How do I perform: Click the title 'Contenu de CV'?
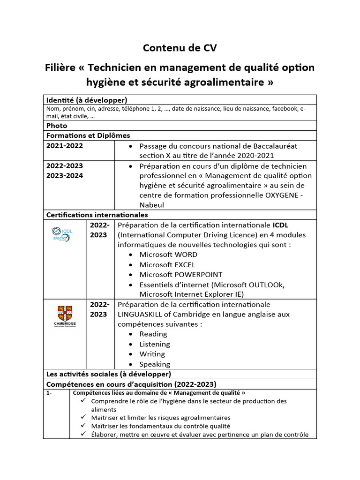pos(180,47)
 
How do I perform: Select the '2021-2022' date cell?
pos(65,146)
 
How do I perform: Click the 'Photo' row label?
pos(57,126)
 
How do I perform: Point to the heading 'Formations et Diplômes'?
pos(88,135)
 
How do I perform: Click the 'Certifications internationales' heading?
pos(97,215)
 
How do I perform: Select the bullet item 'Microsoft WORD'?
pos(168,255)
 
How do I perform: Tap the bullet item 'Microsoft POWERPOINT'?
pos(181,275)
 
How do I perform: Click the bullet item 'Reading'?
pos(153,334)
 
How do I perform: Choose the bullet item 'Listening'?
pos(155,344)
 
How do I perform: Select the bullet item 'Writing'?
pos(152,354)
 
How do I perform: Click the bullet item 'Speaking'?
pos(155,364)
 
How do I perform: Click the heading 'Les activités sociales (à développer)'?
pos(108,374)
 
